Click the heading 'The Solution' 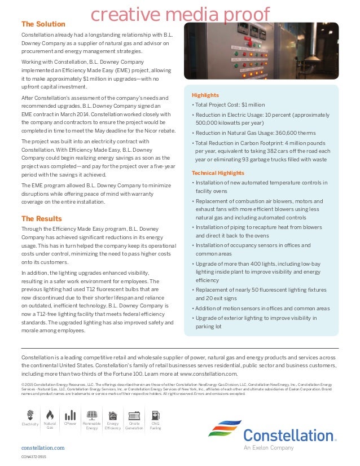coord(43,24)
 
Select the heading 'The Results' coord(41,218)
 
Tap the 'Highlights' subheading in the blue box coord(205,95)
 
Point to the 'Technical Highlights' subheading coord(218,173)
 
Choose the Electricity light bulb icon coord(30,415)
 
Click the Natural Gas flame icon coord(50,415)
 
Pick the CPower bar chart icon coord(71,415)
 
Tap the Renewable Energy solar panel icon coord(92,415)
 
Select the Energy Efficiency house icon coord(113,415)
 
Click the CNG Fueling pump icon coord(155,415)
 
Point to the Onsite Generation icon coord(134,415)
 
